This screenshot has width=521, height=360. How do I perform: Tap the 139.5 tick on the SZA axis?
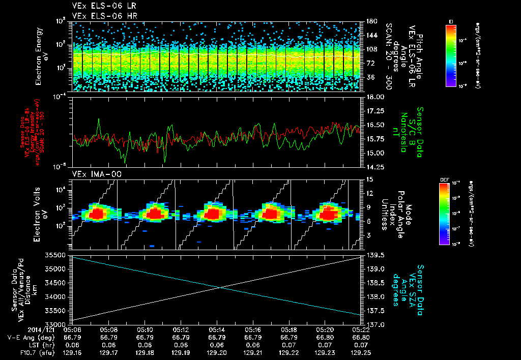click(374, 255)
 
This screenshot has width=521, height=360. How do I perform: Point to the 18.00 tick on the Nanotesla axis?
click(375, 97)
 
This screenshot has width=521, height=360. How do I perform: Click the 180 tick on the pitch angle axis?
click(370, 21)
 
